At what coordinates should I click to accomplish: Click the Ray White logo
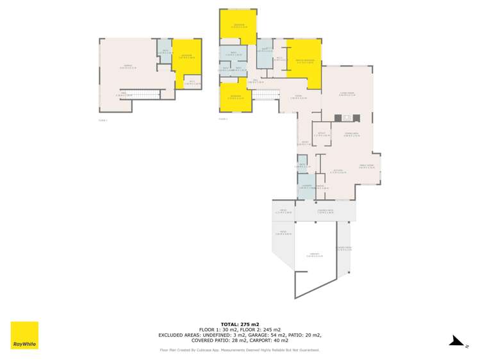[24, 335]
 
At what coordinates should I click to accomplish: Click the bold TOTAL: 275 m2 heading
[240, 324]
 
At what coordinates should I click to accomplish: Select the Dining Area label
[350, 134]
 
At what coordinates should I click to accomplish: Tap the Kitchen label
[339, 172]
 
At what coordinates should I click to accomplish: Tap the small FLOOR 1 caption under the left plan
[103, 120]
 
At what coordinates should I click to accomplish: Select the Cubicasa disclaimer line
[240, 350]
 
